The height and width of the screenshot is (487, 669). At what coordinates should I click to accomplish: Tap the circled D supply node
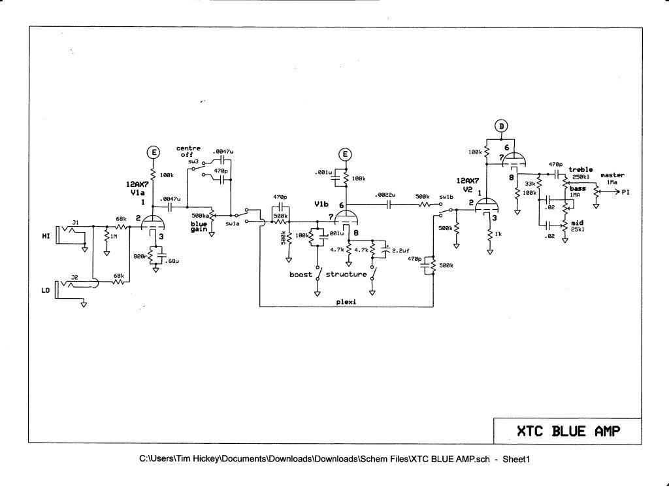point(501,126)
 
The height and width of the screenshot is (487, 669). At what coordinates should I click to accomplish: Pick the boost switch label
point(301,275)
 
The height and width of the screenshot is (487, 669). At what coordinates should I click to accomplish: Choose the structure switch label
point(346,275)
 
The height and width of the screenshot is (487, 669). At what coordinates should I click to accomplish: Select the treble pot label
point(581,170)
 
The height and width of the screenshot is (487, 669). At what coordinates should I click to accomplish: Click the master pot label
point(613,175)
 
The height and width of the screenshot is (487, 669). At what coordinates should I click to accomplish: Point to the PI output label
point(626,192)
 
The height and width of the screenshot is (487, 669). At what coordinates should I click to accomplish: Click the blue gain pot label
point(199,226)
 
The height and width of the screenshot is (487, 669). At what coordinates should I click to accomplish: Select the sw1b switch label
point(447,196)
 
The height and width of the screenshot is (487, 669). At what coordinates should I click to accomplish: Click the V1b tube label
point(321,205)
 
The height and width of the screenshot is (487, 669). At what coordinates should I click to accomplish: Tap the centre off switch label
point(188,151)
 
